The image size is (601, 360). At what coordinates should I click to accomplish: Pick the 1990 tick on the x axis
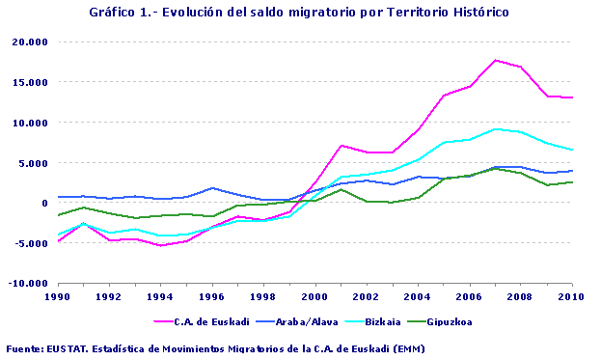tap(58, 297)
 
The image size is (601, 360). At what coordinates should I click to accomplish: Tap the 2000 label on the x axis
tap(315, 297)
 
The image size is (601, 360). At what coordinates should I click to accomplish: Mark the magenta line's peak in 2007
tap(496, 60)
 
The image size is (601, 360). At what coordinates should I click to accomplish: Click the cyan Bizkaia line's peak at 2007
tap(496, 128)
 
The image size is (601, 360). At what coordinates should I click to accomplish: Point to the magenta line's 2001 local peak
tap(341, 145)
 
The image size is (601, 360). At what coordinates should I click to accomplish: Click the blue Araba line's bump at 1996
tap(212, 188)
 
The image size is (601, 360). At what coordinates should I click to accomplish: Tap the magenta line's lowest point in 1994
tap(161, 245)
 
